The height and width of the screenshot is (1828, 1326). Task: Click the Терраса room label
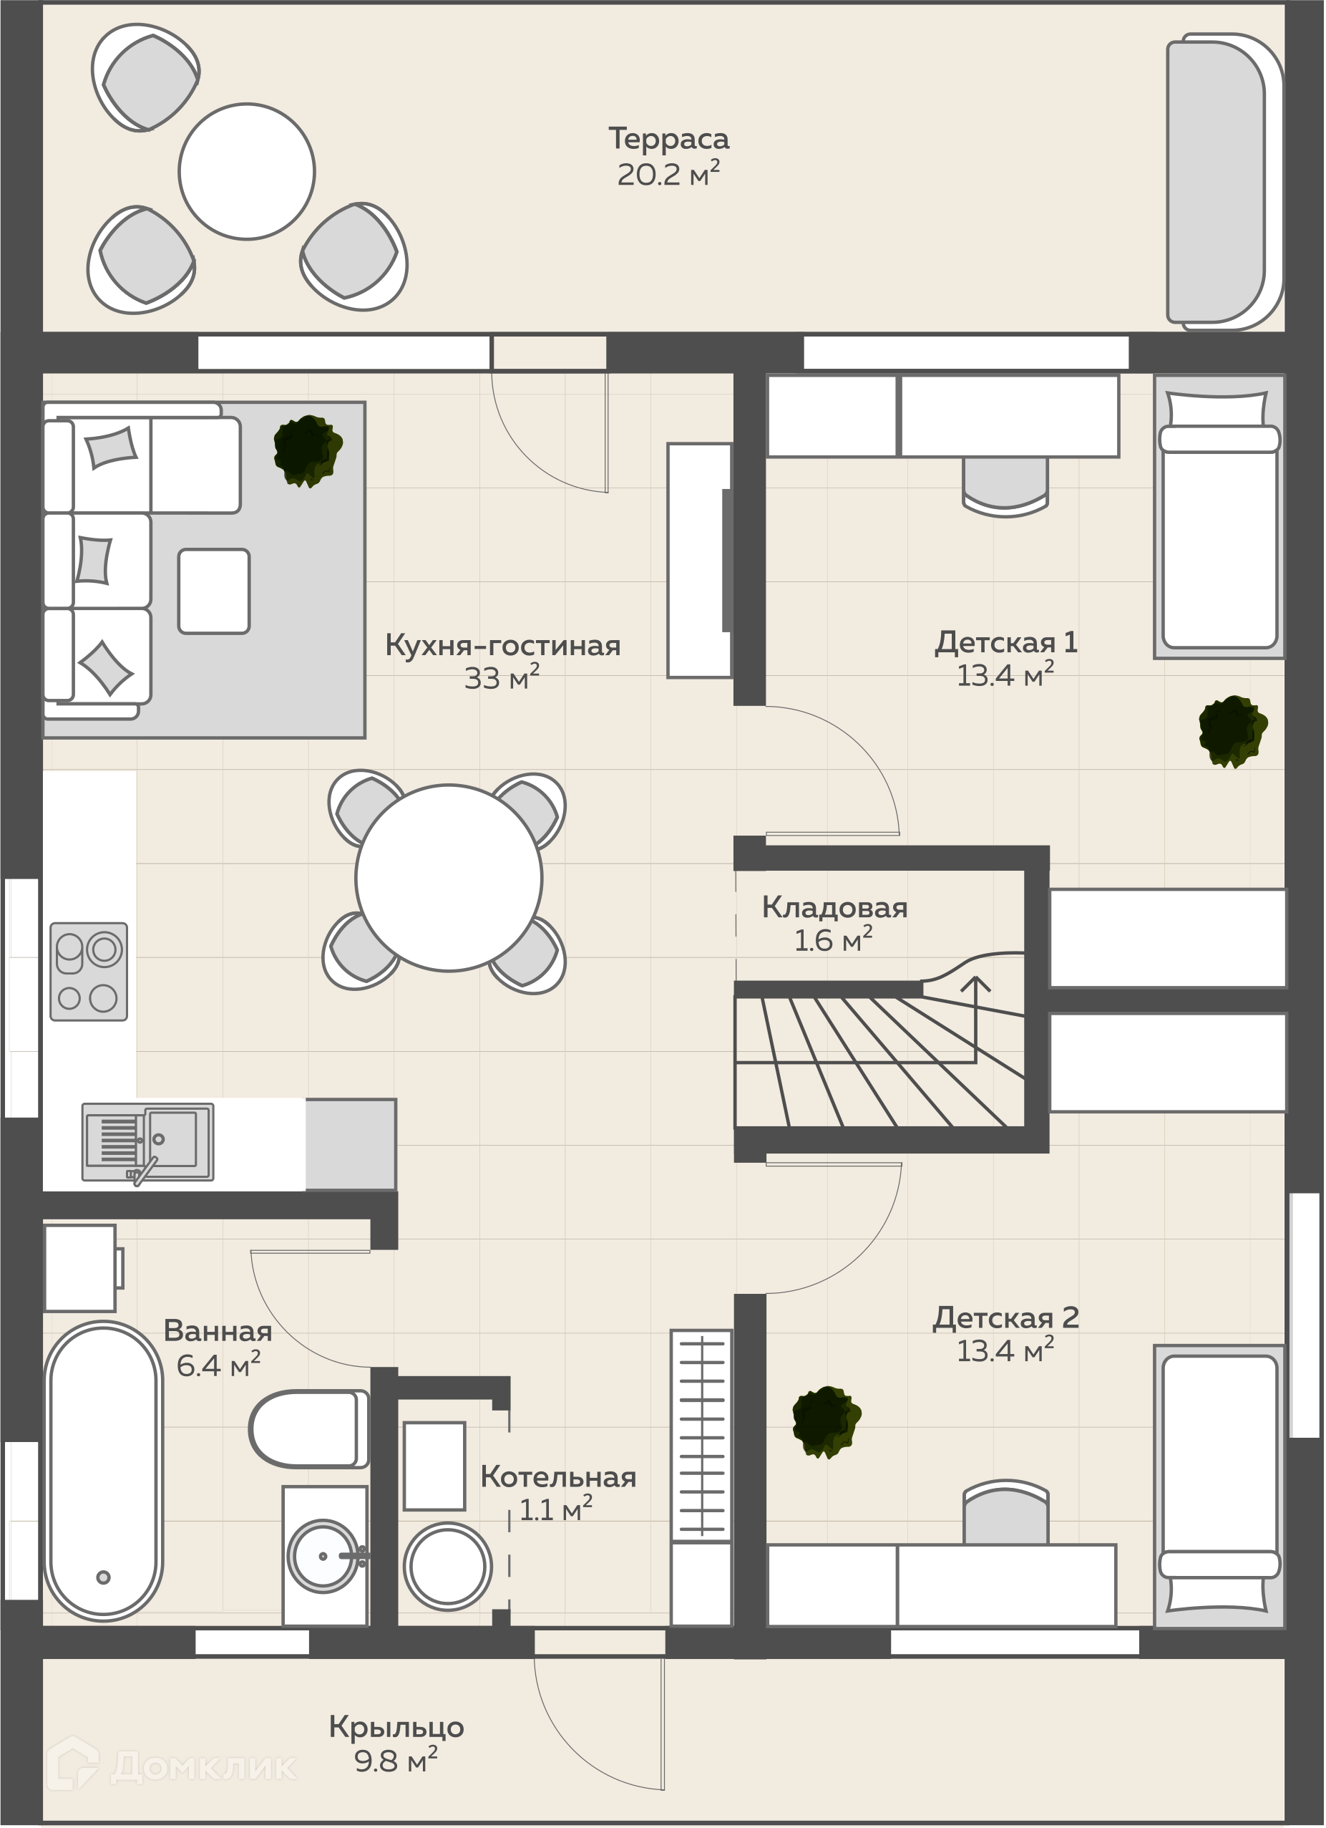click(668, 139)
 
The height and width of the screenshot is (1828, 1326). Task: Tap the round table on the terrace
click(246, 171)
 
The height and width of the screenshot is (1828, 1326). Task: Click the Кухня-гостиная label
click(502, 646)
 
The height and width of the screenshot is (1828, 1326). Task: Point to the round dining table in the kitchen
click(449, 878)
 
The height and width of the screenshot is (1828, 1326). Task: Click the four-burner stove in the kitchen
click(89, 972)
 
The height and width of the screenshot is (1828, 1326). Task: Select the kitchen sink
click(148, 1143)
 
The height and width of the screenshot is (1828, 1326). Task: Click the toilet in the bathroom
click(308, 1429)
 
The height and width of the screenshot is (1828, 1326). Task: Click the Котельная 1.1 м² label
click(557, 1493)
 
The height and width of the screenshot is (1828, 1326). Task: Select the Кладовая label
click(834, 907)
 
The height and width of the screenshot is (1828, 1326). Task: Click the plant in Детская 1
click(1232, 731)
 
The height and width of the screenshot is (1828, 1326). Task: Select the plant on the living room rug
click(308, 451)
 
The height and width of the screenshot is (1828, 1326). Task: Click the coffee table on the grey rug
click(214, 591)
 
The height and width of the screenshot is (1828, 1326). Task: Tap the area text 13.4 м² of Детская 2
click(1005, 1352)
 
